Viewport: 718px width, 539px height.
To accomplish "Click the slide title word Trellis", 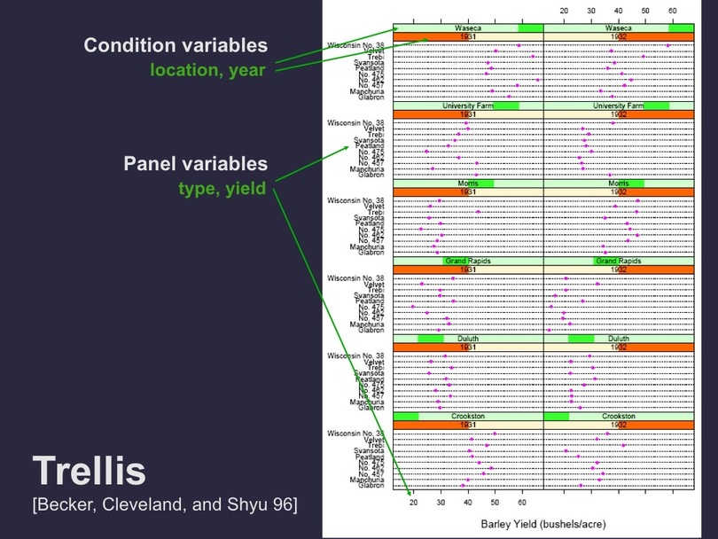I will tap(90, 472).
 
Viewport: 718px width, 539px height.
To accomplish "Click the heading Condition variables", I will tap(175, 45).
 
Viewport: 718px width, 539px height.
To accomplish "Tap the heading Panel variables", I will tap(195, 165).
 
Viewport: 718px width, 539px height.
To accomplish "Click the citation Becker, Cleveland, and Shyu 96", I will tap(164, 505).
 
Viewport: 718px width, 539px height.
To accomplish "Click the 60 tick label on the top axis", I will tap(673, 11).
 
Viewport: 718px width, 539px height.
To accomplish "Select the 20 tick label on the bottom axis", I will tap(413, 502).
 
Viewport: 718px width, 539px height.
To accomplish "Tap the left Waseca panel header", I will tap(468, 28).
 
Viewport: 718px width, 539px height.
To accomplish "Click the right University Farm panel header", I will tap(619, 105).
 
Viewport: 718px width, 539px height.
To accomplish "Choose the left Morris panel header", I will tap(468, 184).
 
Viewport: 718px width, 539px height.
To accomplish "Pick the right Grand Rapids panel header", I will tap(619, 262).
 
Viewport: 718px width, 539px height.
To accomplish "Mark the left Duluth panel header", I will tap(468, 339).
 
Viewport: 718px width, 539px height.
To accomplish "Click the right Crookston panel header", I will tap(619, 416).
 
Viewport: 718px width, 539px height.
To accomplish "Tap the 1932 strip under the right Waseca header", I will tap(619, 37).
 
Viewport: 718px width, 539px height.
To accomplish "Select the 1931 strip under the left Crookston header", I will tap(468, 425).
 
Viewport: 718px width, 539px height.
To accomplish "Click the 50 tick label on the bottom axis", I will tap(496, 502).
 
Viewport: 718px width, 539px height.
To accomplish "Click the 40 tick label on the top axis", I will tap(619, 11).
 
